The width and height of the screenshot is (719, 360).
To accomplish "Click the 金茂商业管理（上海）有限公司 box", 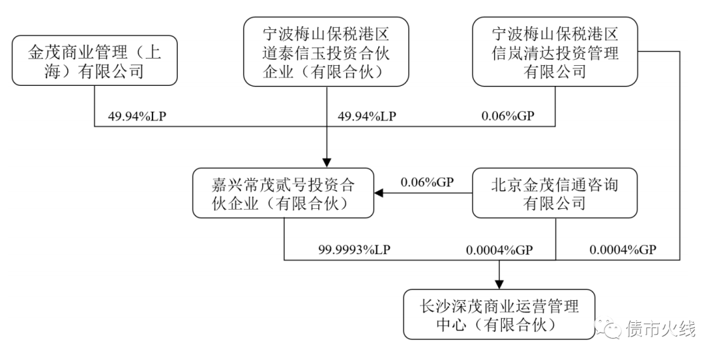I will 95,61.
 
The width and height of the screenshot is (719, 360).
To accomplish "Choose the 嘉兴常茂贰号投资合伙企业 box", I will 283,193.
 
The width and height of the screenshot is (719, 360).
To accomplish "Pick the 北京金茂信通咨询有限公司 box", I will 555,193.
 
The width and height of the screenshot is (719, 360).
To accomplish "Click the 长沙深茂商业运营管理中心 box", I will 499,315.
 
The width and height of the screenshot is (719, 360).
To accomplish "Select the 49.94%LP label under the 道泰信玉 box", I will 367,116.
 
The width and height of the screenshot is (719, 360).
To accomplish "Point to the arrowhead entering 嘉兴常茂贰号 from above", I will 326,162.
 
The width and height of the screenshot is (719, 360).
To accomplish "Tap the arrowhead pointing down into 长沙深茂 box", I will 499,283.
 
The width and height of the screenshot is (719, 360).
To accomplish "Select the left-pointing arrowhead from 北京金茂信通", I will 378,194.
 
